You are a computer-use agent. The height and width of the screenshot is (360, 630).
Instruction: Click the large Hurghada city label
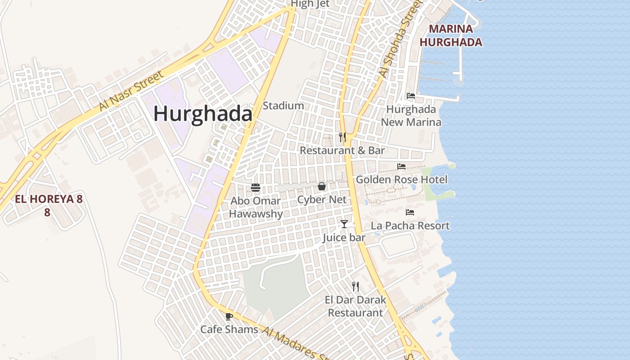[x=203, y=113]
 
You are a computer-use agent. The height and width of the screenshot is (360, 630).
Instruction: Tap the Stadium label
[x=283, y=106]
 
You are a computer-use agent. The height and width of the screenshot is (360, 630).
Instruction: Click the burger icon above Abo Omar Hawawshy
[x=256, y=188]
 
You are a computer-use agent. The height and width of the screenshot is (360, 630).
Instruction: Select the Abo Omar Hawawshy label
[x=256, y=207]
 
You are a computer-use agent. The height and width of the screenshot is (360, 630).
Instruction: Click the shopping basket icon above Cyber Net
[x=322, y=186]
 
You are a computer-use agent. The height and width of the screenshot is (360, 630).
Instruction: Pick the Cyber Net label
[x=322, y=199]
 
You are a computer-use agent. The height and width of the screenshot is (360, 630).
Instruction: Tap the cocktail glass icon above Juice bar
[x=344, y=224]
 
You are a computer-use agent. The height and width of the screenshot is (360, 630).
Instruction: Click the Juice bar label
[x=344, y=238]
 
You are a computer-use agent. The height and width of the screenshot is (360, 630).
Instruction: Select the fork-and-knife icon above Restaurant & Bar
[x=342, y=137]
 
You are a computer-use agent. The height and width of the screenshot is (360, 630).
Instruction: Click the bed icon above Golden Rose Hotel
[x=401, y=166]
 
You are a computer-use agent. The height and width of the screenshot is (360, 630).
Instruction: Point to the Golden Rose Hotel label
[x=401, y=180]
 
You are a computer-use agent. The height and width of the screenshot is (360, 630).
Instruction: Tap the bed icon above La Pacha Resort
[x=409, y=212]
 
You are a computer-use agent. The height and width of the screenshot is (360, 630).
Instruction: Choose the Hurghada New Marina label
[x=411, y=116]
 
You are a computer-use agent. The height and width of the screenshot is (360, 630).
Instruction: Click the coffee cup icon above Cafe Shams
[x=229, y=316]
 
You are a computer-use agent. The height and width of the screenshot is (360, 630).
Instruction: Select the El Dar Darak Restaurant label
[x=355, y=306]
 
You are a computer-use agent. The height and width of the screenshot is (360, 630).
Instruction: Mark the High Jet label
[x=310, y=4]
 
